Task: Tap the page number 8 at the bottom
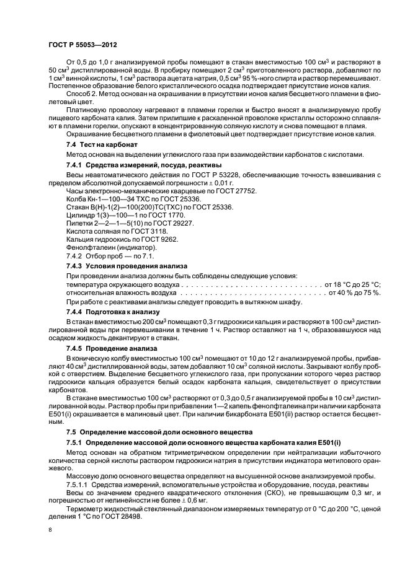[51, 530]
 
